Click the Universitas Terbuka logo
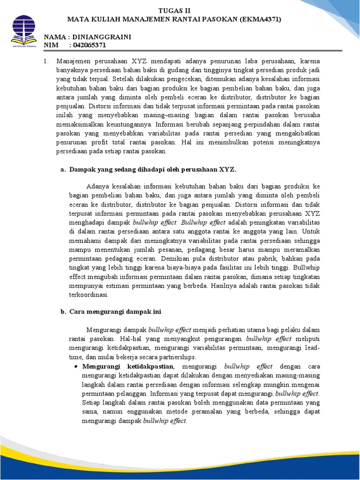(22, 30)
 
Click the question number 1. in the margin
(46, 61)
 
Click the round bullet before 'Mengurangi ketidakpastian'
(75, 367)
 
